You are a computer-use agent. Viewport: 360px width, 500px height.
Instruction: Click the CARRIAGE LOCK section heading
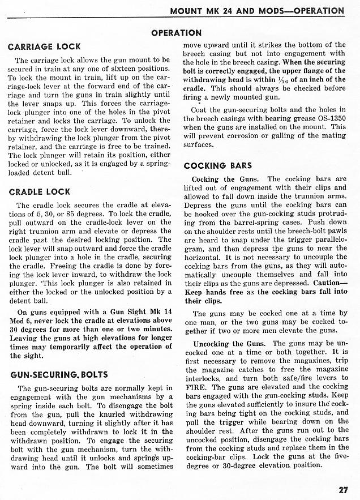[44, 46]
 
